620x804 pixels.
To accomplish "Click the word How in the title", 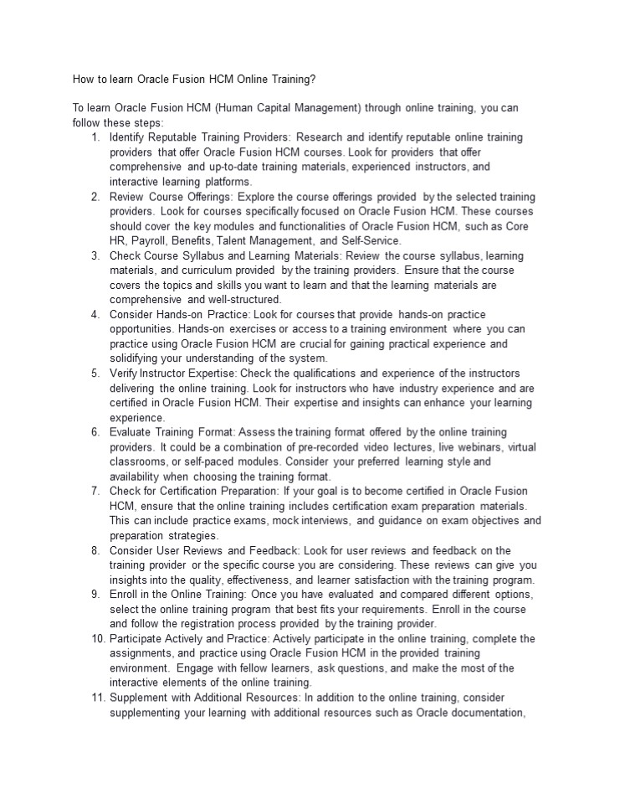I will pos(84,80).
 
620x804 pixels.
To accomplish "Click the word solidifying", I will pos(137,358).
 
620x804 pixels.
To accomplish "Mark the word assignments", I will pos(141,653).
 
